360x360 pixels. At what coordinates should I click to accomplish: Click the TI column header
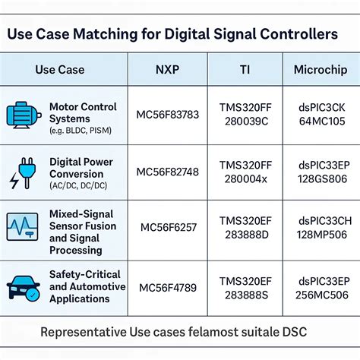click(244, 70)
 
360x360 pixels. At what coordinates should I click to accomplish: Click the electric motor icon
click(23, 114)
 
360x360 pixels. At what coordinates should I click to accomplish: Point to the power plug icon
click(22, 173)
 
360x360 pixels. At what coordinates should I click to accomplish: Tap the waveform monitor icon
click(22, 226)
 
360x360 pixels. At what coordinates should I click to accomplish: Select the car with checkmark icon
click(23, 287)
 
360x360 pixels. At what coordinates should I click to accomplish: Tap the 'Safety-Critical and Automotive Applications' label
click(87, 286)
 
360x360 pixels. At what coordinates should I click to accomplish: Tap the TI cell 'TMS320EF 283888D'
click(244, 227)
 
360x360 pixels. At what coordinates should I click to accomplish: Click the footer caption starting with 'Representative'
click(180, 332)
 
